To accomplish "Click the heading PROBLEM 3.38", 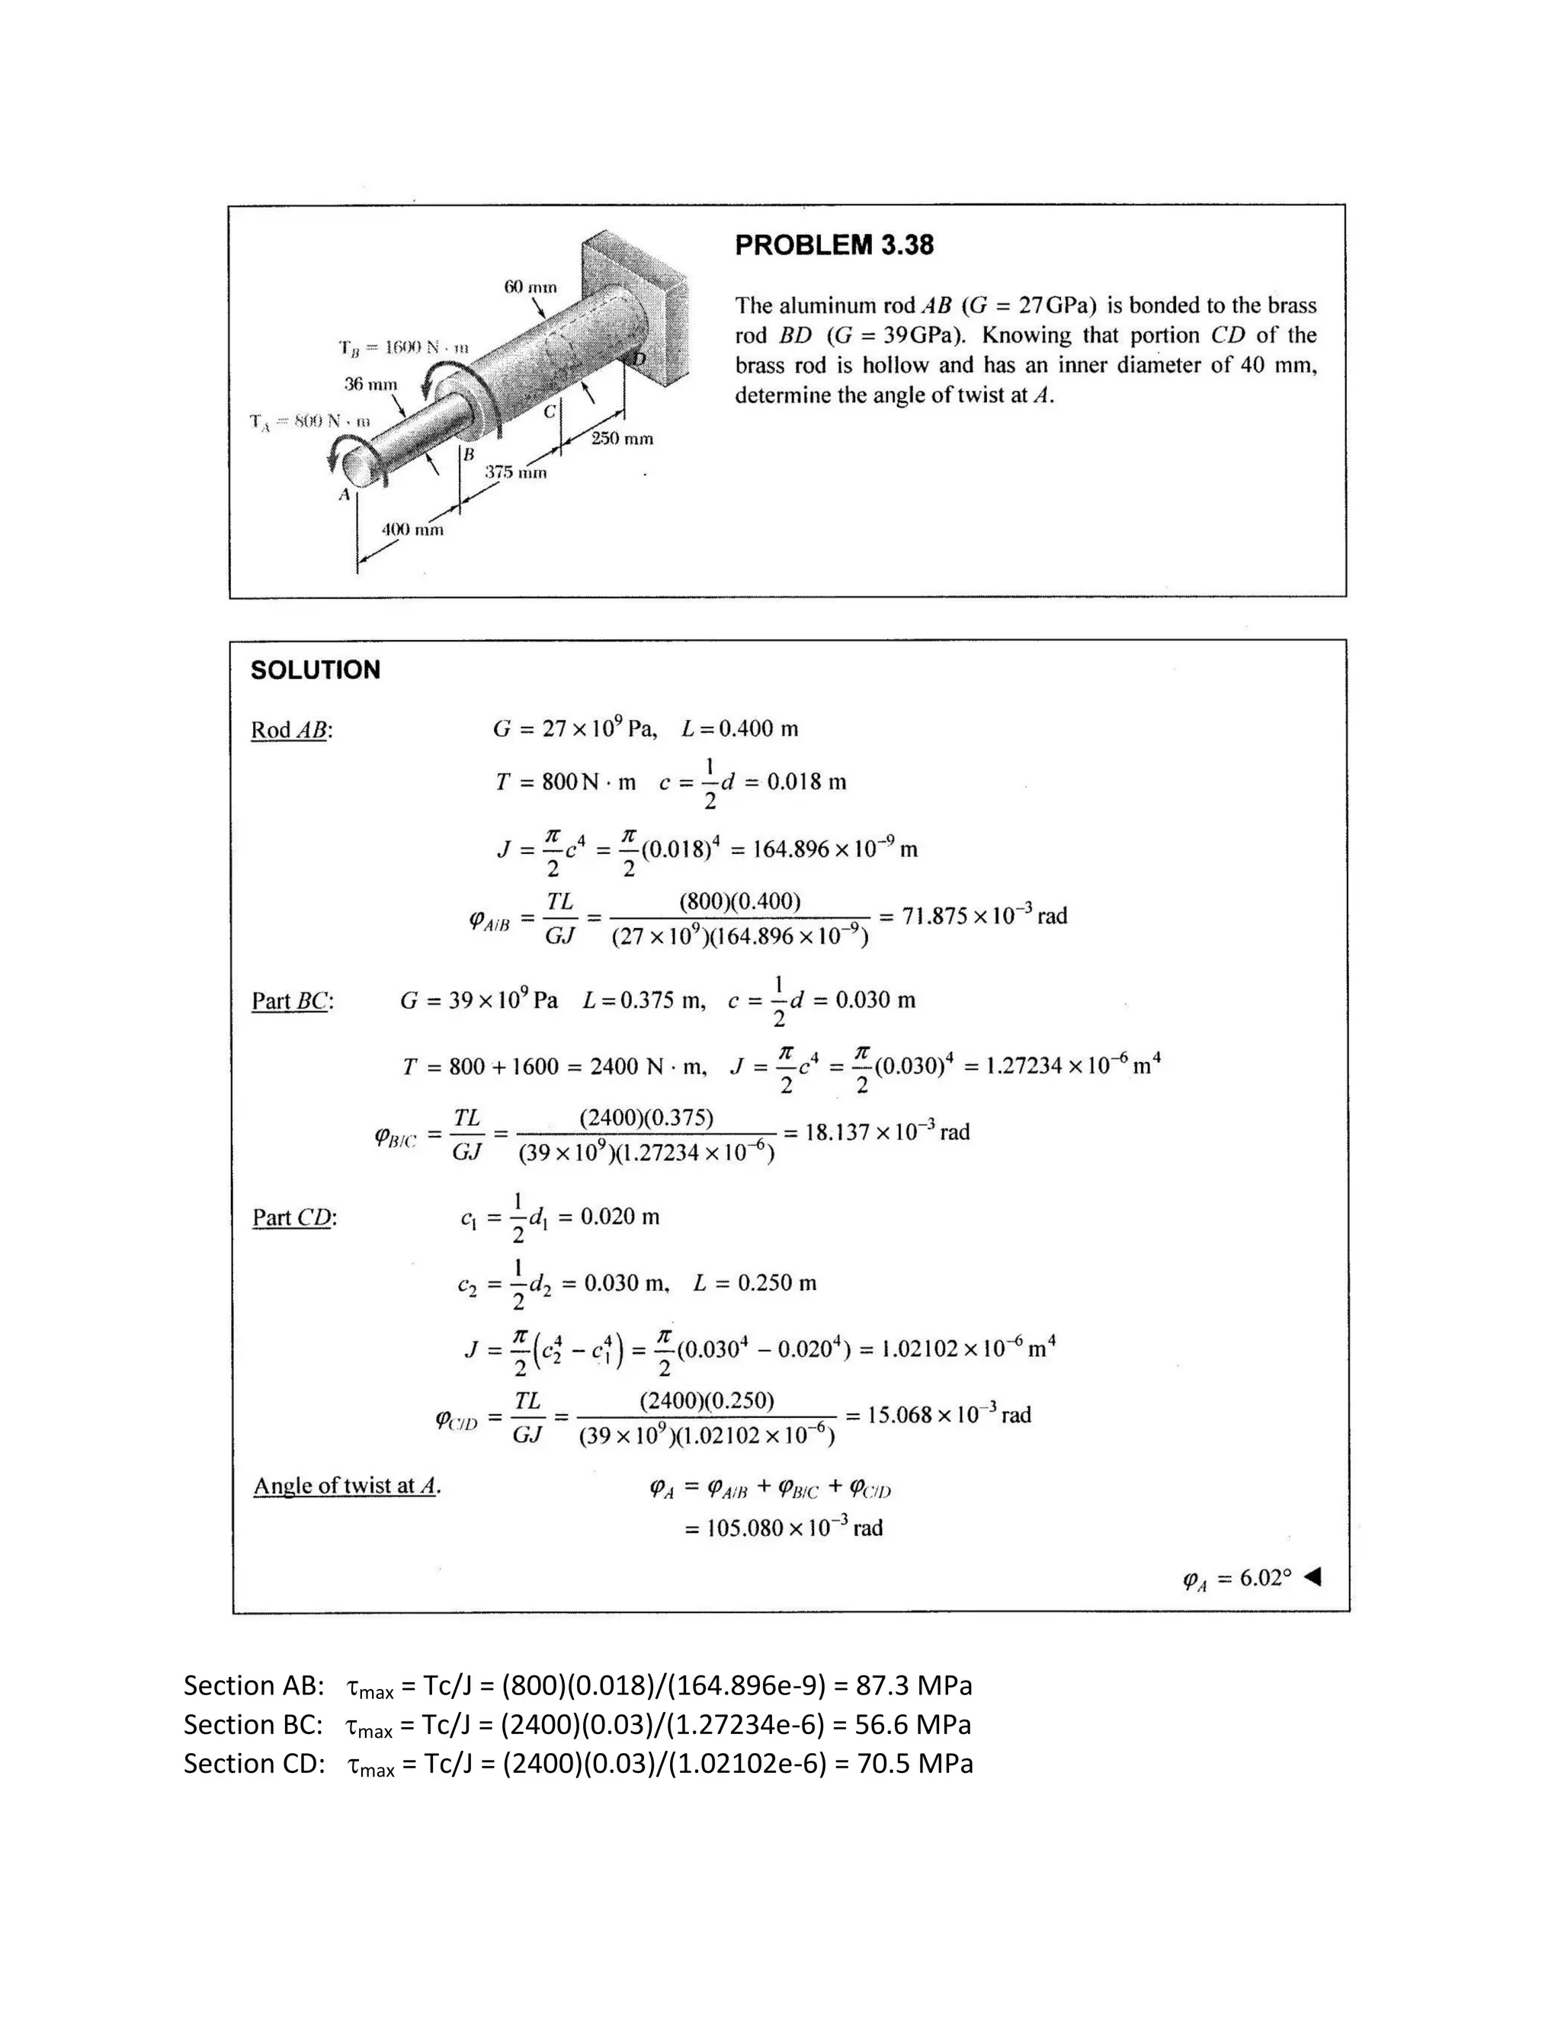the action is click(833, 245).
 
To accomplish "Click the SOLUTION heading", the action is click(316, 670).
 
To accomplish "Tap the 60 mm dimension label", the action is click(530, 286).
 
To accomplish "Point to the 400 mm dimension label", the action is click(412, 530).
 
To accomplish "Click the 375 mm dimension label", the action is click(516, 472).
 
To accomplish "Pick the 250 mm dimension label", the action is click(621, 438).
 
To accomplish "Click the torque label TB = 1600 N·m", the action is click(403, 347).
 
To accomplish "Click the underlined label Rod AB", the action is click(291, 731).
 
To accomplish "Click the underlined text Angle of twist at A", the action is click(347, 1486).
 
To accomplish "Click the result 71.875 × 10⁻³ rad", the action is click(984, 916).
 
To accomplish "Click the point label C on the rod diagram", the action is click(550, 411).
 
